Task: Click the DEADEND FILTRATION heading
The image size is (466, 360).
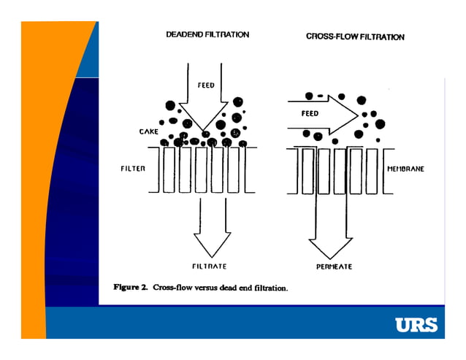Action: pyautogui.click(x=207, y=34)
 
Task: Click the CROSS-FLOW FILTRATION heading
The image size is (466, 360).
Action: pyautogui.click(x=355, y=37)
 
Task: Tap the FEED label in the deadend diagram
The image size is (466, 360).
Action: pyautogui.click(x=206, y=85)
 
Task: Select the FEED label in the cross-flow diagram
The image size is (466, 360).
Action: pyautogui.click(x=310, y=114)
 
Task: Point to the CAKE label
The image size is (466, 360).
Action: pyautogui.click(x=149, y=132)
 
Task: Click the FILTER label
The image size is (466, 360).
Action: pyautogui.click(x=133, y=169)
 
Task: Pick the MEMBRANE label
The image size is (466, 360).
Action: pyautogui.click(x=405, y=169)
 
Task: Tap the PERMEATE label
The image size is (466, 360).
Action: pyautogui.click(x=334, y=267)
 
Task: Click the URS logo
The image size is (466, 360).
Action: pyautogui.click(x=416, y=324)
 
